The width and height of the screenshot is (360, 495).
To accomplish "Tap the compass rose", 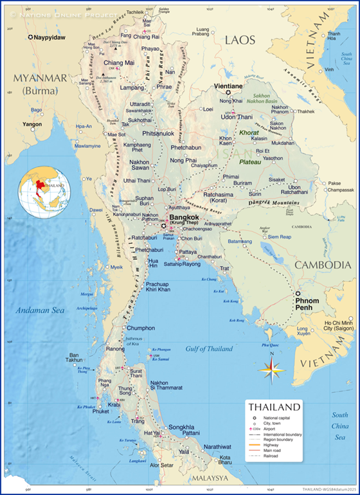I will coord(273,368).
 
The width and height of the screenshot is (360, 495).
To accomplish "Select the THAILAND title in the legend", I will coord(274,408).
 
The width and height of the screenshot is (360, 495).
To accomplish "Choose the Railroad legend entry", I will coord(273,456).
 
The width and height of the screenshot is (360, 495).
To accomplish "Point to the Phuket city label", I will coord(101,411).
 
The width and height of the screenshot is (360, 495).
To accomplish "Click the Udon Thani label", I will coord(237,116).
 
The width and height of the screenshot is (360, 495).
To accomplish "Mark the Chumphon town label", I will coord(141,328).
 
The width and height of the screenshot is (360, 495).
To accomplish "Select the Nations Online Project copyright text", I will coord(61,14).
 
